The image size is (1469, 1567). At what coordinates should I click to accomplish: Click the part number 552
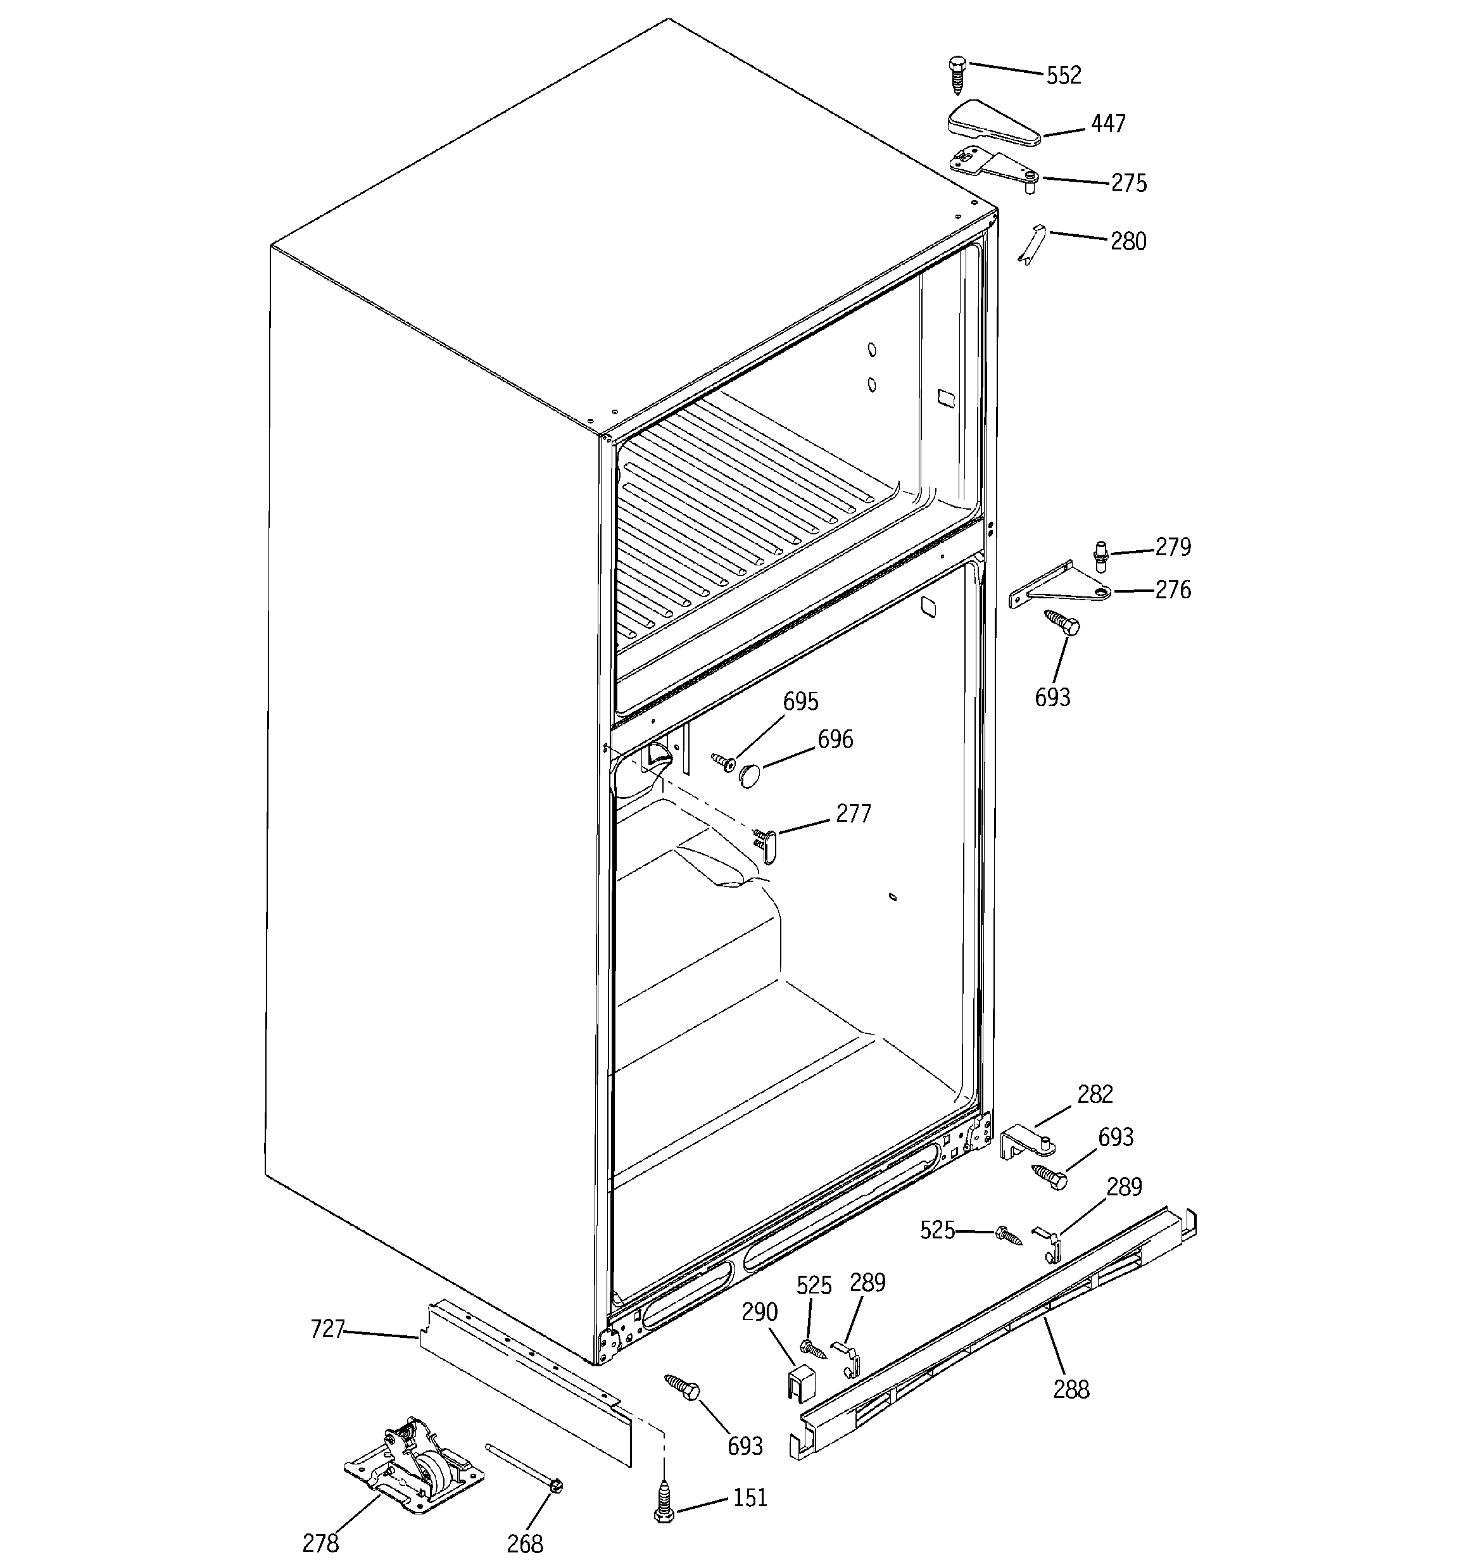1063,76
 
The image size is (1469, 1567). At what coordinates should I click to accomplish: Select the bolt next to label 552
957,76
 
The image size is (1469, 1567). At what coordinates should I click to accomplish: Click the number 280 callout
1128,241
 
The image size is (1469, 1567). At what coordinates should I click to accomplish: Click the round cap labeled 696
749,774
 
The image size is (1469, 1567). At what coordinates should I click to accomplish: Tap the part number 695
800,702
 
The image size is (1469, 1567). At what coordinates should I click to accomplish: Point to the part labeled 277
769,840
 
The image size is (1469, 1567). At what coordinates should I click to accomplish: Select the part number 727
327,1330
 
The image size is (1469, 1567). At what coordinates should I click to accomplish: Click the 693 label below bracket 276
1052,698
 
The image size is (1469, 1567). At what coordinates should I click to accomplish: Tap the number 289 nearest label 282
1124,1186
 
